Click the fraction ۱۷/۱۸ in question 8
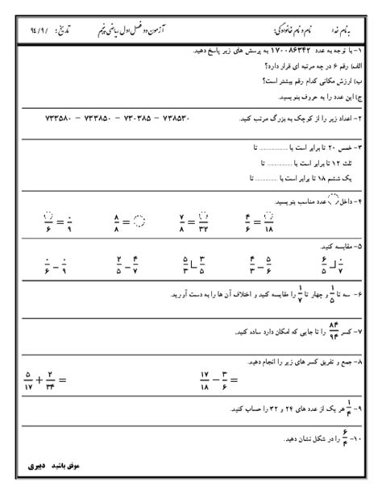click(206, 378)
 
